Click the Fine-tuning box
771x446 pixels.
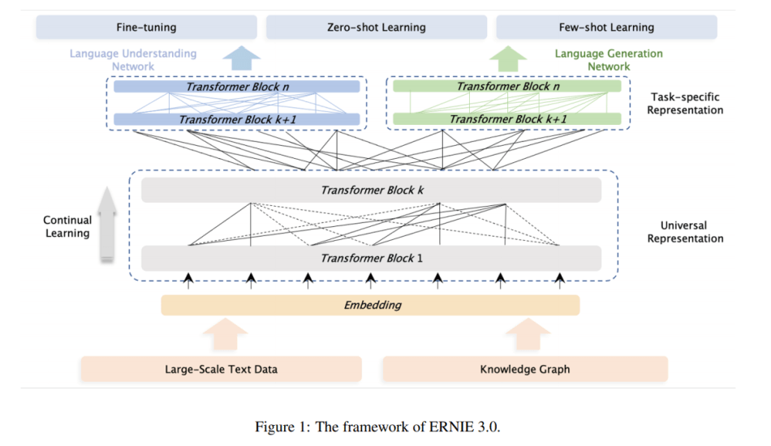[x=147, y=27]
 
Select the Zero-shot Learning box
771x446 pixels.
[x=377, y=27]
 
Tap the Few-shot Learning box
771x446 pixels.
[x=606, y=27]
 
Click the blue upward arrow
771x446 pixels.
[x=241, y=58]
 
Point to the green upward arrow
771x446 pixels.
[x=508, y=58]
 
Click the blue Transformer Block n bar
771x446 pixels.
[x=237, y=87]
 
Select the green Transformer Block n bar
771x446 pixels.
[x=507, y=86]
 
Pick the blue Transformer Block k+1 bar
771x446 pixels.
[x=237, y=119]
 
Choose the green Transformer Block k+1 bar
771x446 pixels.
[x=507, y=119]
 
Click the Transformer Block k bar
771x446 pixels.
[x=371, y=190]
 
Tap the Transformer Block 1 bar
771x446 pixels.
[x=371, y=258]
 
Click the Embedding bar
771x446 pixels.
[x=370, y=305]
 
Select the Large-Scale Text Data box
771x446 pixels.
[x=222, y=369]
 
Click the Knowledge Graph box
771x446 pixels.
[x=525, y=369]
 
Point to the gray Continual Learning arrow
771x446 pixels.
[x=106, y=224]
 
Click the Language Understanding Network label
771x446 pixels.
[x=133, y=60]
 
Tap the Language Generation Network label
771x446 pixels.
[x=609, y=60]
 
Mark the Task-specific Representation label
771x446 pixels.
[x=685, y=103]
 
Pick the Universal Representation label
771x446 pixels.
[x=685, y=232]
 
